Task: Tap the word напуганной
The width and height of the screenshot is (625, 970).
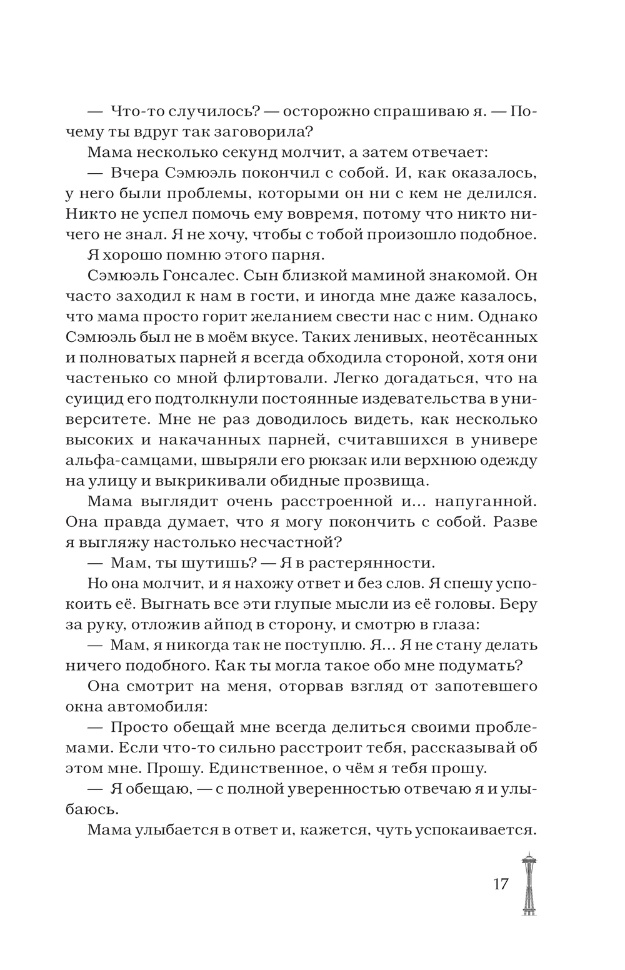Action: pyautogui.click(x=484, y=502)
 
